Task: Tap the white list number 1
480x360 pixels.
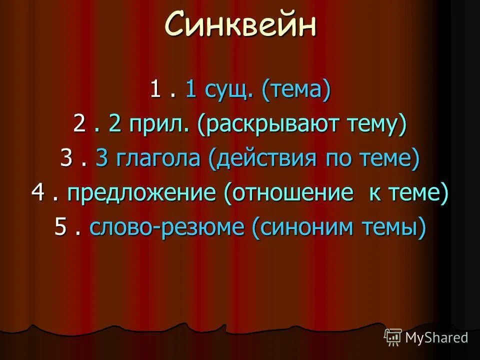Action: click(155, 91)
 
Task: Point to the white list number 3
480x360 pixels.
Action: click(66, 159)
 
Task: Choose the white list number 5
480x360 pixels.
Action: click(60, 227)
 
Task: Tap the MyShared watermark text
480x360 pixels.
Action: click(436, 337)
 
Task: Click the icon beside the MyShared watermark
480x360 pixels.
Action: click(393, 337)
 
